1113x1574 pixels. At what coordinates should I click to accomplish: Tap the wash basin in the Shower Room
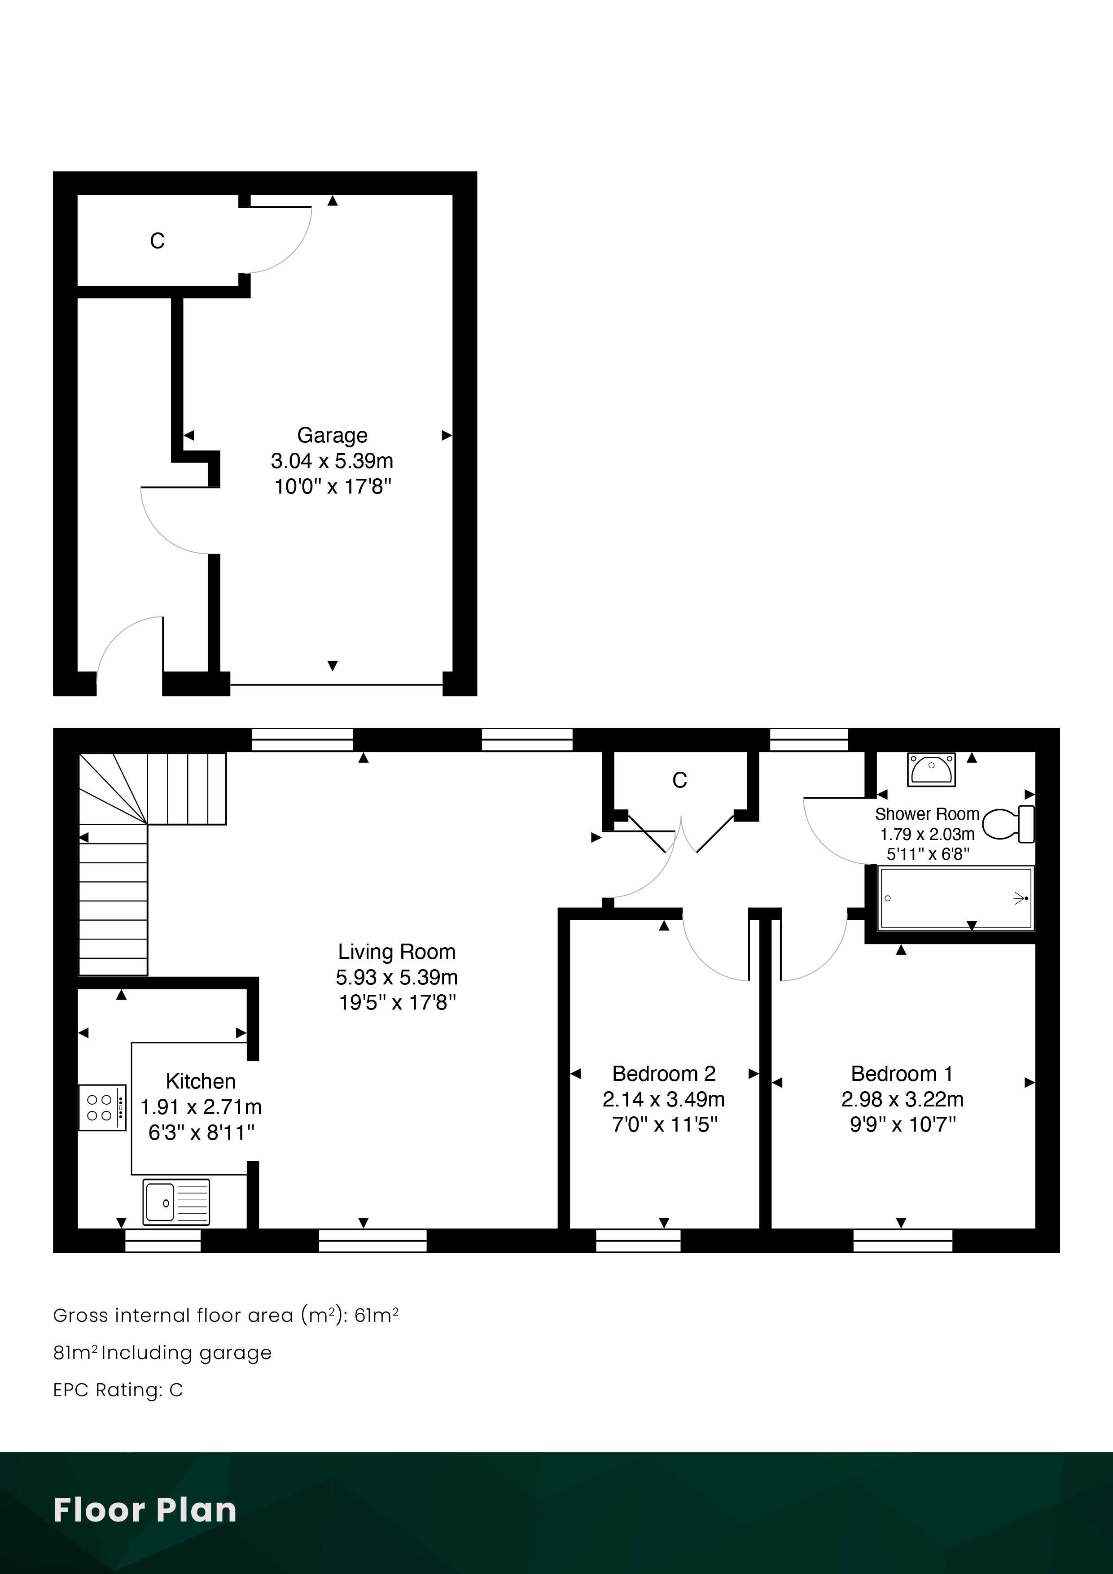(x=931, y=769)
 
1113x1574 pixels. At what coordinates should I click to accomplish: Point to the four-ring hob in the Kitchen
(x=102, y=1107)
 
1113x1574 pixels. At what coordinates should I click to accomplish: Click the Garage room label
(x=332, y=435)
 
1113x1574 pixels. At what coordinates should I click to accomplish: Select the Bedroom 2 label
(x=664, y=1074)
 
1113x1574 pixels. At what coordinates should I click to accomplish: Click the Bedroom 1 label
(x=902, y=1074)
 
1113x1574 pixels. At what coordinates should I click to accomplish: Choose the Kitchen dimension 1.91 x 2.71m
(x=201, y=1106)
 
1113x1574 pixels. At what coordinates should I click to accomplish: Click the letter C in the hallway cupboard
(x=679, y=780)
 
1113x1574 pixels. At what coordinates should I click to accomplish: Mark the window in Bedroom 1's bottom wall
(x=903, y=1241)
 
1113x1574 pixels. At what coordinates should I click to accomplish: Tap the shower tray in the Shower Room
(x=956, y=899)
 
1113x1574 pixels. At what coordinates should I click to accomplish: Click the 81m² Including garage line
(x=162, y=1352)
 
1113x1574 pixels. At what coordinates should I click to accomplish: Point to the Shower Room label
(x=927, y=814)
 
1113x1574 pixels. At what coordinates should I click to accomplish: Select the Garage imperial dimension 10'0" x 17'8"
(x=333, y=487)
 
